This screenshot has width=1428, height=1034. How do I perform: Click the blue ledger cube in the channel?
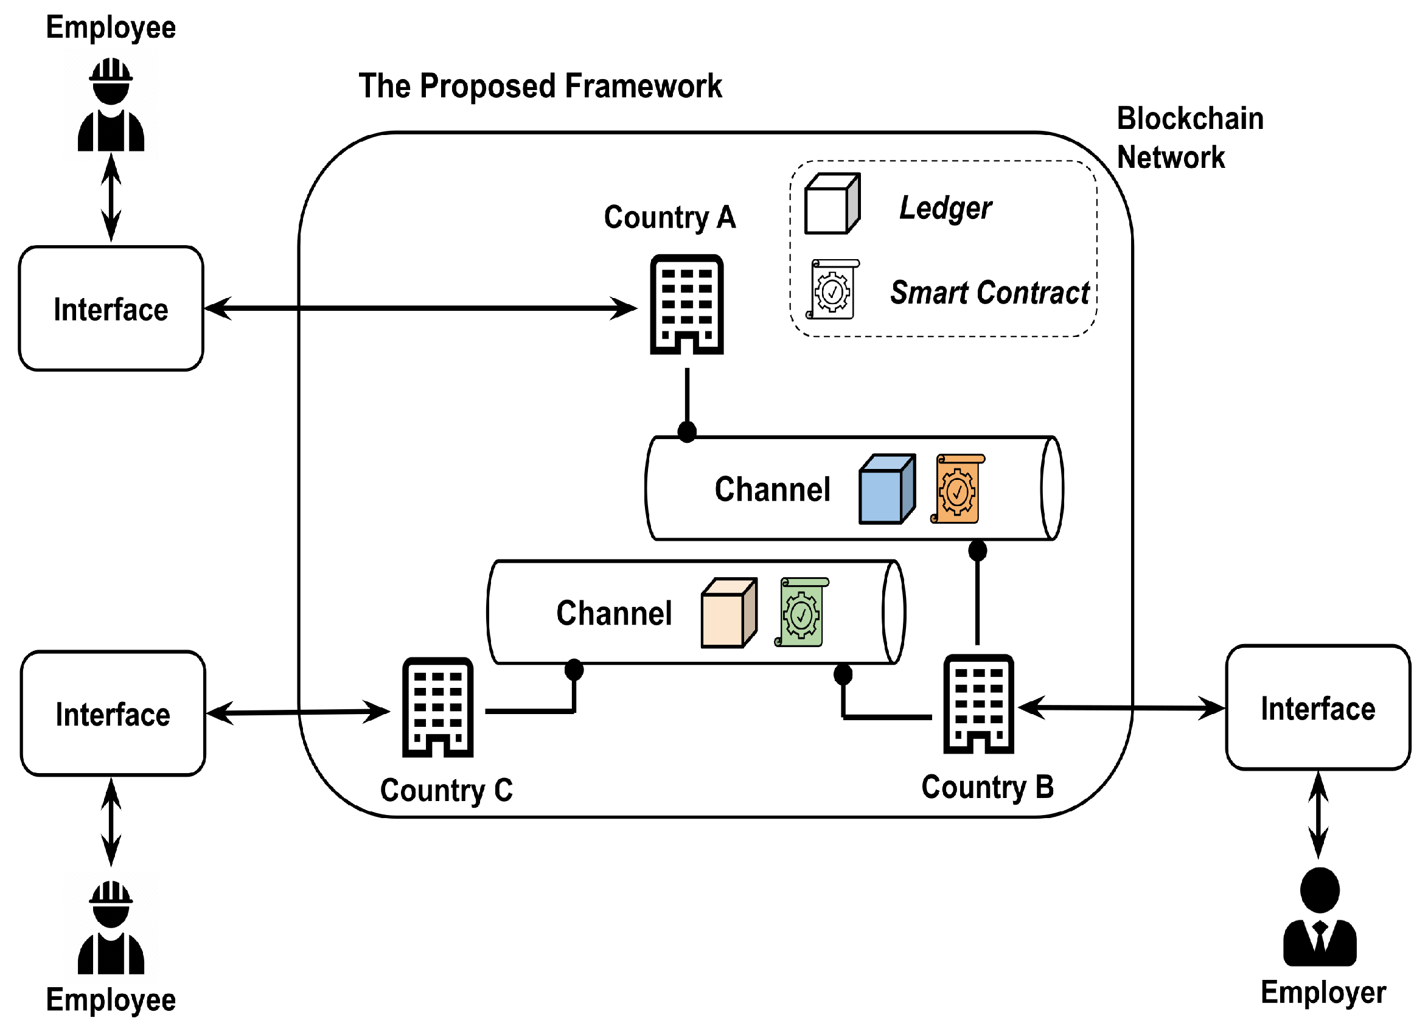pos(886,489)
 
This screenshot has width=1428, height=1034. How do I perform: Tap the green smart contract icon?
pos(801,612)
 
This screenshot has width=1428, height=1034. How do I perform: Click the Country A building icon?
pos(686,305)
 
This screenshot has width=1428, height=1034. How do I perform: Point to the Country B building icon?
pos(978,704)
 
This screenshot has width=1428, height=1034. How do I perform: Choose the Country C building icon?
pos(437,707)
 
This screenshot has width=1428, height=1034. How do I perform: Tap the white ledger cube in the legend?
pos(832,204)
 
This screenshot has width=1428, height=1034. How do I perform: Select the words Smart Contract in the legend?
pos(989,293)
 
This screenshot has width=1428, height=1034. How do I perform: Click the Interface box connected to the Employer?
pos(1318,707)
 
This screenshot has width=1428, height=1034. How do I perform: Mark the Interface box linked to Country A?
pos(111,308)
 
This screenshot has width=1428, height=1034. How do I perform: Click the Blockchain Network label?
pos(1189,138)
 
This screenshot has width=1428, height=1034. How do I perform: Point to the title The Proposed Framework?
pos(540,86)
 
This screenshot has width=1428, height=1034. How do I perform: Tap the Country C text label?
pos(447,790)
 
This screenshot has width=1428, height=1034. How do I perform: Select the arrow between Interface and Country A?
pos(420,308)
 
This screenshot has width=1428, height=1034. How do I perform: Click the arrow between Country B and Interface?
pos(1121,707)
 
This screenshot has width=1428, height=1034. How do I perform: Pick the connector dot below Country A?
pos(687,432)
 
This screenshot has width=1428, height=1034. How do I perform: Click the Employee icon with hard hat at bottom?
pos(111,928)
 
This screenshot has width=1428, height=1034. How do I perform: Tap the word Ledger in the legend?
pos(945,207)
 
